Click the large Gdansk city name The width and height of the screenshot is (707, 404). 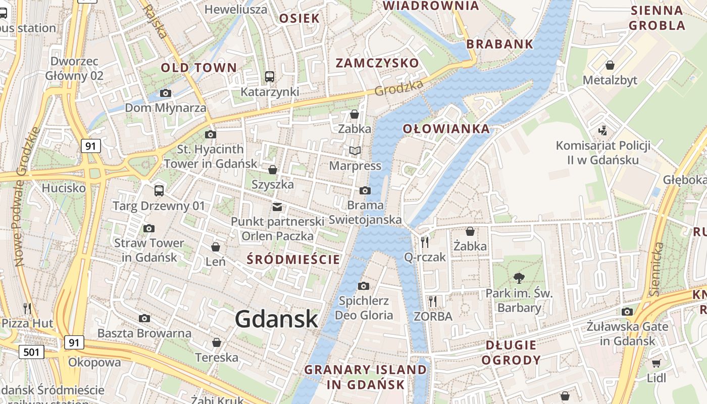pyautogui.click(x=277, y=319)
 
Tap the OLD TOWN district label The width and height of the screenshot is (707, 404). pyautogui.click(x=198, y=68)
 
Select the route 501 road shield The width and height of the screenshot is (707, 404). pyautogui.click(x=31, y=351)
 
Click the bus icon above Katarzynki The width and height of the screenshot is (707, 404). pyautogui.click(x=270, y=77)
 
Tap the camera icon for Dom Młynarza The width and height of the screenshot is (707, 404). pyautogui.click(x=165, y=93)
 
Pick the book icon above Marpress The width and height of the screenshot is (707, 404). pyautogui.click(x=355, y=150)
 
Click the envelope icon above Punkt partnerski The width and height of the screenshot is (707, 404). pyautogui.click(x=277, y=207)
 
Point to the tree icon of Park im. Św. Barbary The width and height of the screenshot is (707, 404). pyautogui.click(x=519, y=277)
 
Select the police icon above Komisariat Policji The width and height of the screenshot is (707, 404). pyautogui.click(x=602, y=130)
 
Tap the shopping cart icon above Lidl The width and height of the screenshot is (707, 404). pyautogui.click(x=656, y=363)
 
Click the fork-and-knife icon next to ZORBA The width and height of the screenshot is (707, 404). pyautogui.click(x=432, y=301)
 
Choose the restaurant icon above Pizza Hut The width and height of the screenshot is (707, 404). pyautogui.click(x=27, y=308)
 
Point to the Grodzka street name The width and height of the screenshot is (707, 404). pyautogui.click(x=398, y=88)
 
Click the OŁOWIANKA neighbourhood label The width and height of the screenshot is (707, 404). pyautogui.click(x=446, y=129)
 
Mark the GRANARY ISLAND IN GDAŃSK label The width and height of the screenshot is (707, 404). pyautogui.click(x=366, y=377)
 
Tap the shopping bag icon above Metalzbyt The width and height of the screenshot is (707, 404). pyautogui.click(x=610, y=65)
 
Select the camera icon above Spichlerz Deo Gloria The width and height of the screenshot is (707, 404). pyautogui.click(x=363, y=286)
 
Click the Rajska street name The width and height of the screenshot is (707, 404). pyautogui.click(x=155, y=21)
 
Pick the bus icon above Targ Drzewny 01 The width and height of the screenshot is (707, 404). pyautogui.click(x=159, y=190)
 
